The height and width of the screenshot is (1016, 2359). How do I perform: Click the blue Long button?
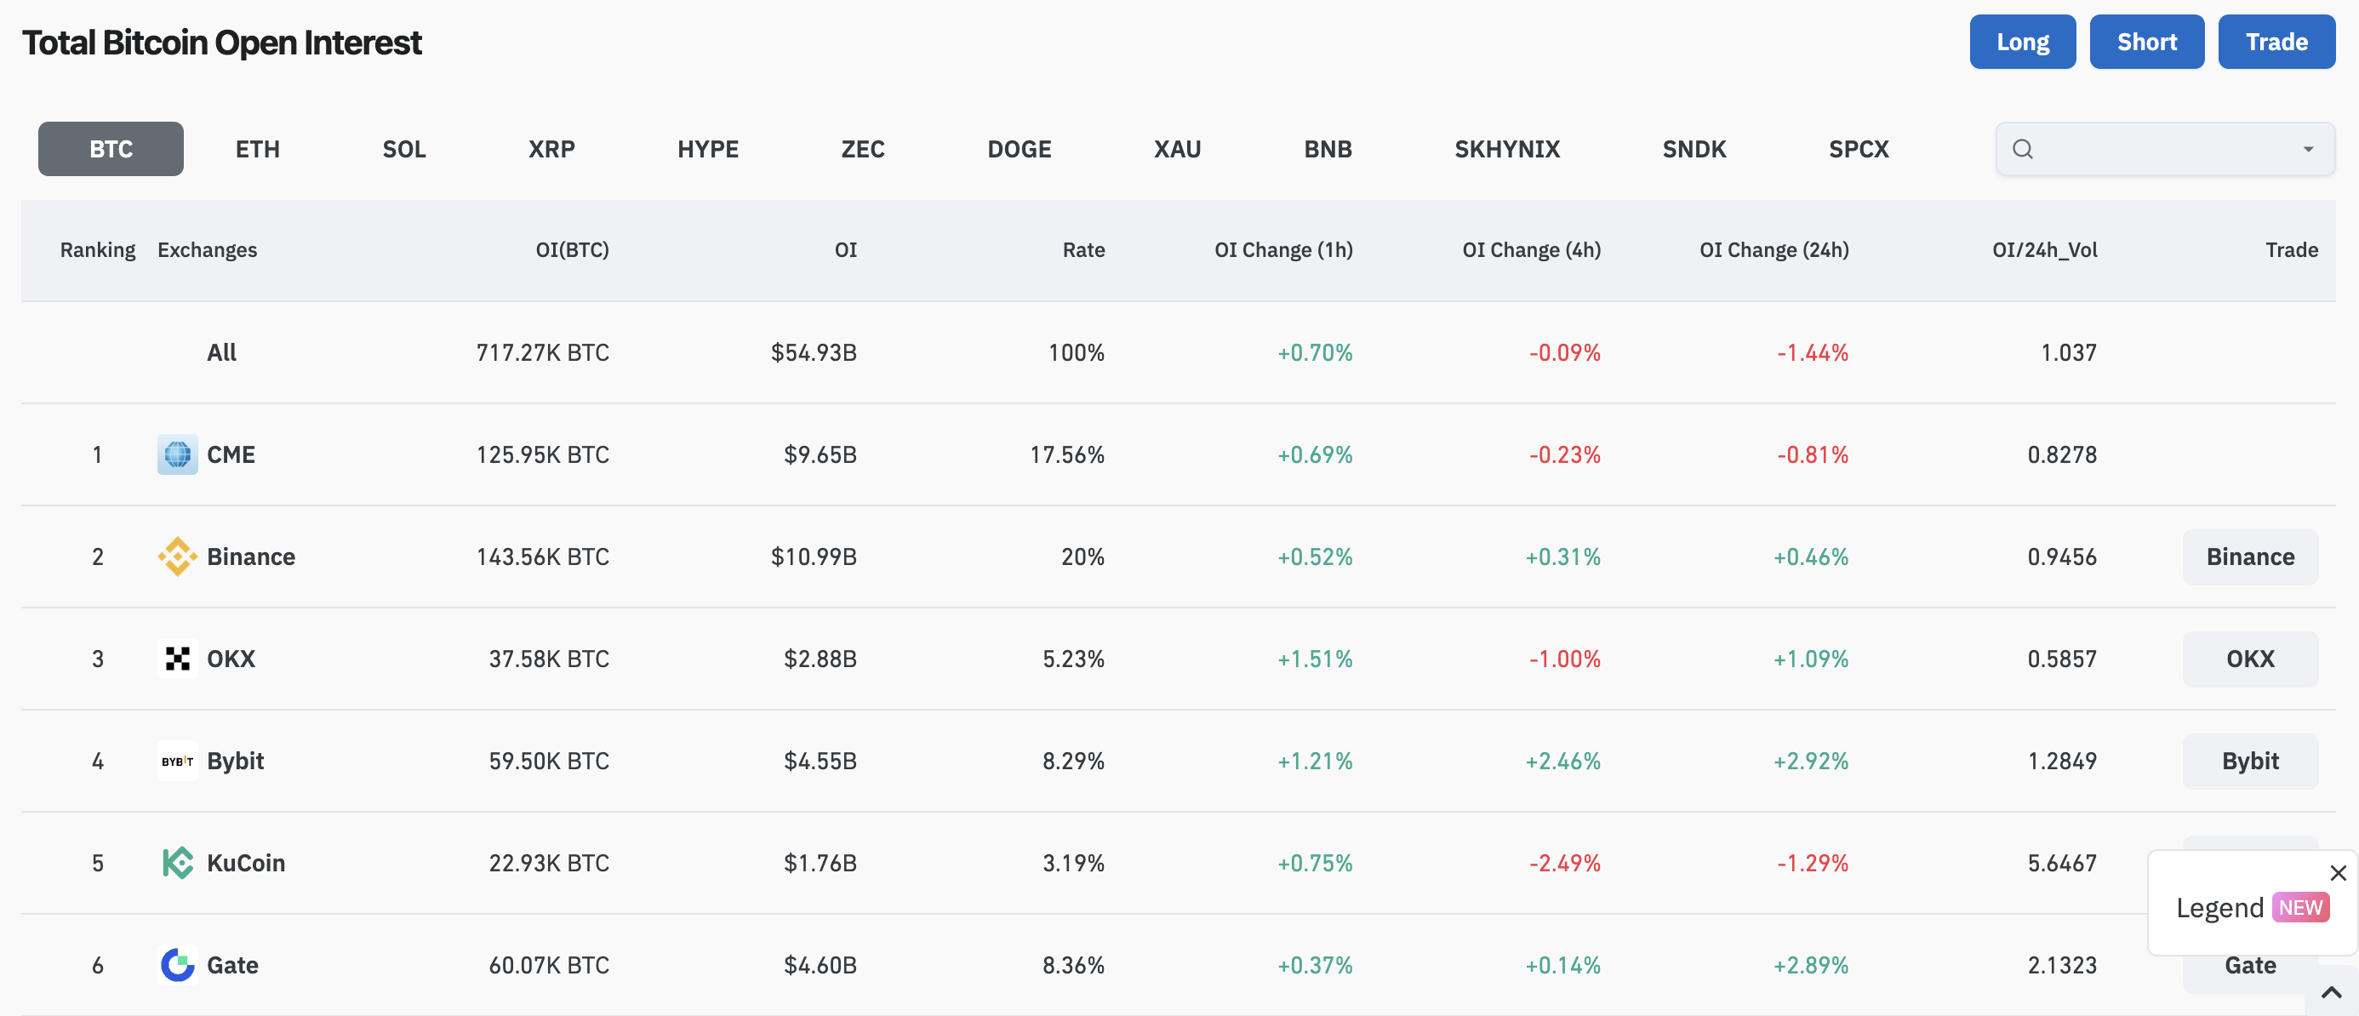click(2022, 41)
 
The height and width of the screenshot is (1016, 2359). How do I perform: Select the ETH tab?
click(257, 148)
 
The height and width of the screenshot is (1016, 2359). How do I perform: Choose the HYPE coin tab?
click(708, 148)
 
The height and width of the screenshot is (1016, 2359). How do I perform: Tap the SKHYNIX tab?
click(1506, 148)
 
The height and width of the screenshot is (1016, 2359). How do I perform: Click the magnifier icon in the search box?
click(2023, 149)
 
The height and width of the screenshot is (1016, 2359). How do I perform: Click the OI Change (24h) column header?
click(1774, 250)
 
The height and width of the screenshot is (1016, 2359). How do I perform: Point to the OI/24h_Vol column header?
click(2044, 250)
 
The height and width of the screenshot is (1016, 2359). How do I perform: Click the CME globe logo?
click(178, 454)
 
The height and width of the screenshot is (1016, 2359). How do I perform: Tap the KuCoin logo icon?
click(178, 862)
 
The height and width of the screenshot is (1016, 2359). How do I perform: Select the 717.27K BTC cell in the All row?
click(542, 352)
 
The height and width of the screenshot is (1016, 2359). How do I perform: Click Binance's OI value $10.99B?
click(814, 557)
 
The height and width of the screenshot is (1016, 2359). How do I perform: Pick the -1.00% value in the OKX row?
click(1564, 659)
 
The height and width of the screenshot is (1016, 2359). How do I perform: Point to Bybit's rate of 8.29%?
click(1073, 761)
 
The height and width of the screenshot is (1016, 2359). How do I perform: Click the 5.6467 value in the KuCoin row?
click(2061, 863)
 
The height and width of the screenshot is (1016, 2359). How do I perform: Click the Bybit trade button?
click(2250, 761)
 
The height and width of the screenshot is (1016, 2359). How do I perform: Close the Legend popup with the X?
click(2338, 873)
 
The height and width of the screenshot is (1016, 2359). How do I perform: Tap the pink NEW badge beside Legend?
click(2300, 907)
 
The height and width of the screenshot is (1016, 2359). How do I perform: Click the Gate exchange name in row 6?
click(232, 965)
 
